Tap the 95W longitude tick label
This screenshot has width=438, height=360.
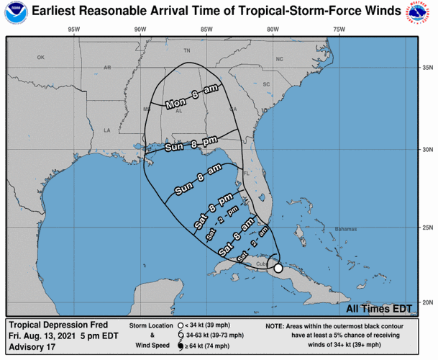(72, 30)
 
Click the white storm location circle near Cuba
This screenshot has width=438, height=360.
(278, 267)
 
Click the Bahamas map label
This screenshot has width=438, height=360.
(344, 229)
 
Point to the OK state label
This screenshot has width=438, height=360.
(41, 58)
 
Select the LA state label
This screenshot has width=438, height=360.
(107, 130)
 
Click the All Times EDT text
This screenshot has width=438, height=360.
(379, 308)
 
